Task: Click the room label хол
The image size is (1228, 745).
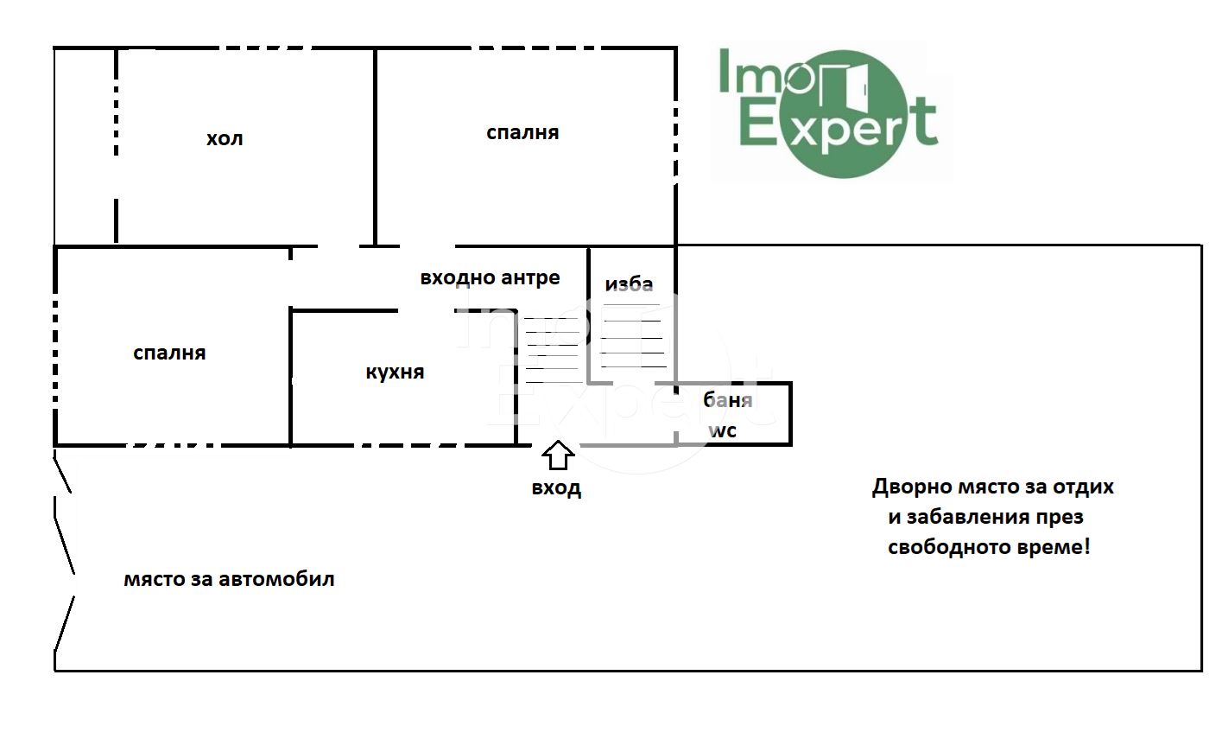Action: (x=225, y=138)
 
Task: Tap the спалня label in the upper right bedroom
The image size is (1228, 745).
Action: (x=522, y=132)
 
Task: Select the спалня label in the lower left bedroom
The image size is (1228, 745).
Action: (x=169, y=353)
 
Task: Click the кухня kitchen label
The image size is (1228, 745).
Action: (x=395, y=372)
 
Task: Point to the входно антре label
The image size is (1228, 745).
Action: (x=490, y=277)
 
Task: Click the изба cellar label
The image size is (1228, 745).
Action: (x=629, y=284)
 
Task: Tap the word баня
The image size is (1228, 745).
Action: (x=727, y=400)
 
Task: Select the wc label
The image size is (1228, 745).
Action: (x=722, y=430)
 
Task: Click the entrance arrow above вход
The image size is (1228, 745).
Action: (x=558, y=455)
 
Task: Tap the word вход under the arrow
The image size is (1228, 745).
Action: (x=556, y=487)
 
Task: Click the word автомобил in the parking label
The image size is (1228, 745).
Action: (x=276, y=579)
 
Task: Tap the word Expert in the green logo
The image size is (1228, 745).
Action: (x=839, y=126)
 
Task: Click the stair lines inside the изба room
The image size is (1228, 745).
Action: (x=633, y=335)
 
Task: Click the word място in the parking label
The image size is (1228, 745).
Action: (x=154, y=579)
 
